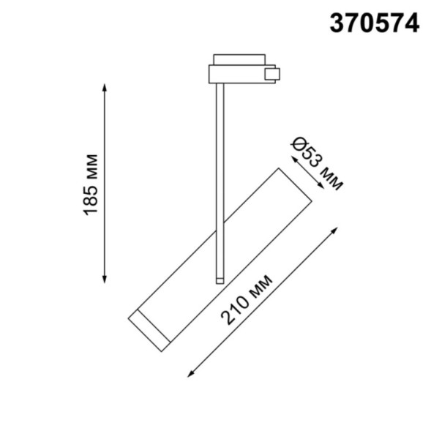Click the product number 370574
374,23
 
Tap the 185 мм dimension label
91,184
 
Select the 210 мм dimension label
247,299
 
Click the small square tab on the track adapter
272,74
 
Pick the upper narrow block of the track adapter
239,59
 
